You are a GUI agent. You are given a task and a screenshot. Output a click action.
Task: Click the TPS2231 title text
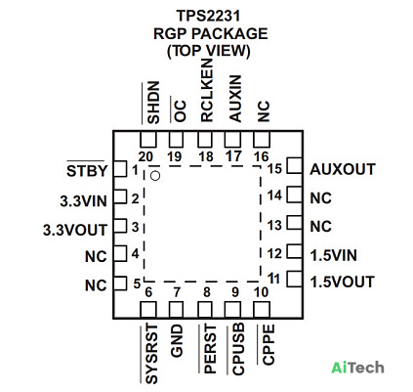point(208,16)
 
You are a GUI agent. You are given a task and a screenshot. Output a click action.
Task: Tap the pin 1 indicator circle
point(155,176)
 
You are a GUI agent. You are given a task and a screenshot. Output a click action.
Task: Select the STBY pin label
point(87,171)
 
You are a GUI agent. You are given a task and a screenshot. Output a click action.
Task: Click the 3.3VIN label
point(83,201)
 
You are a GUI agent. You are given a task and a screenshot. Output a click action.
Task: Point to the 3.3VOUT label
point(75,230)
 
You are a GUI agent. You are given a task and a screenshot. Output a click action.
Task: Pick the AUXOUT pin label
point(343,169)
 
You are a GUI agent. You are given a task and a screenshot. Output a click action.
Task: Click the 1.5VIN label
point(334,255)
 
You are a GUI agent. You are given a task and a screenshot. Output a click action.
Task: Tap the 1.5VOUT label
point(343,282)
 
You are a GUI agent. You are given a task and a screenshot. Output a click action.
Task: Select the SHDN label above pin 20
point(153,103)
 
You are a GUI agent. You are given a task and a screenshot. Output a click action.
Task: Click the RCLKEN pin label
point(207,91)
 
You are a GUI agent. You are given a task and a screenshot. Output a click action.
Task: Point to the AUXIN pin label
point(235,99)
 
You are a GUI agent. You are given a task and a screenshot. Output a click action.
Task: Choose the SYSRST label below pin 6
point(151,354)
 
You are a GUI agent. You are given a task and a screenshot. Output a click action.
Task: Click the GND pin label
point(177,341)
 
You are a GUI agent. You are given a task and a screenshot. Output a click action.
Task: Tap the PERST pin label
point(210,349)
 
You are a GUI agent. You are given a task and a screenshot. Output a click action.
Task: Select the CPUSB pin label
point(238,350)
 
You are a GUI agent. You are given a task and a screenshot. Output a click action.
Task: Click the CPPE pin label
point(268,344)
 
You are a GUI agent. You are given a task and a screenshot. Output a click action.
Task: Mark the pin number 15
point(274,169)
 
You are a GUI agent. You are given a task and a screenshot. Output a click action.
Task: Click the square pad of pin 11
point(295,279)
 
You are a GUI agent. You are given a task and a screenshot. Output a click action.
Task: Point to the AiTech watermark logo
point(357,368)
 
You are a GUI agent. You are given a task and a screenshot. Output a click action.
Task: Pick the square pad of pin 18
point(205,140)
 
